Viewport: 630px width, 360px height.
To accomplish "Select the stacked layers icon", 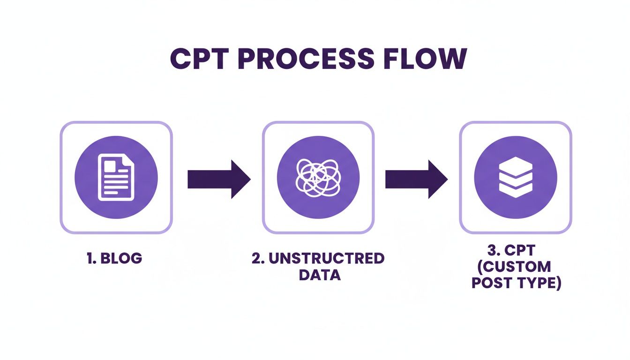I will tap(516, 177).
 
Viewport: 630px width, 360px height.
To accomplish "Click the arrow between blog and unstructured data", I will tap(219, 179).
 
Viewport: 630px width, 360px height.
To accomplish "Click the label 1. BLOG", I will tap(115, 259).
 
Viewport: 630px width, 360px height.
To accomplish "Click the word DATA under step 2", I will tap(319, 274).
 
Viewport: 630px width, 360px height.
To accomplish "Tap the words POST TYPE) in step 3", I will tap(516, 283).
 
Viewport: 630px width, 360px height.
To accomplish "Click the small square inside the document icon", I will tap(110, 165).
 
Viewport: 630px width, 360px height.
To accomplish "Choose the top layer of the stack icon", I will tap(516, 164).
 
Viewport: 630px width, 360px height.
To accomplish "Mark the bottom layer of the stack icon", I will tap(516, 190).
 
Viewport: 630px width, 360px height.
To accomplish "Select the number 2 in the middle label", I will tap(256, 259).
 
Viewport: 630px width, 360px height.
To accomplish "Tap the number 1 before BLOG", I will tap(90, 259).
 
